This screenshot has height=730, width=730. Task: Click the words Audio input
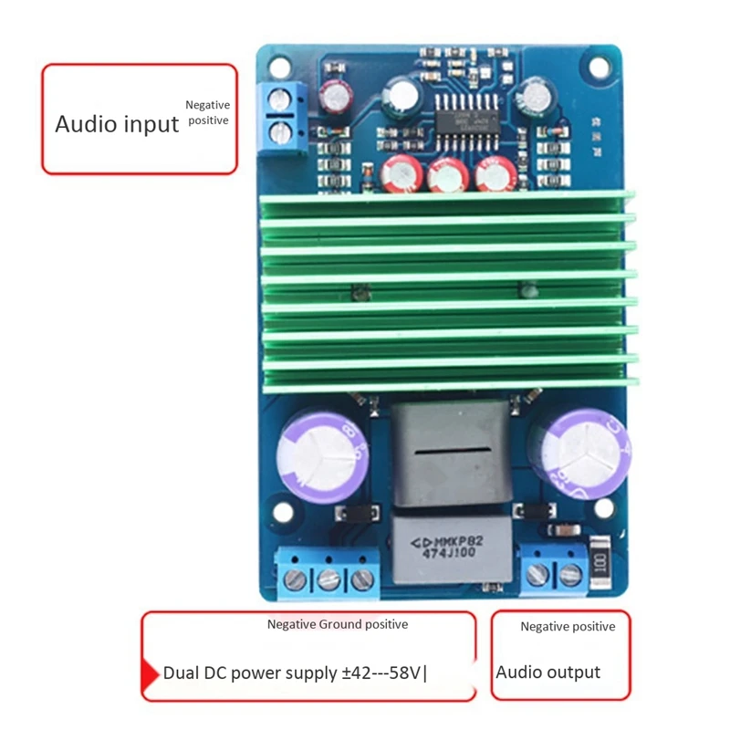[x=117, y=124]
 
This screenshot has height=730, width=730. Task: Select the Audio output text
[x=547, y=673]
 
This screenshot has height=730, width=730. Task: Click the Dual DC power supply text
[x=294, y=673]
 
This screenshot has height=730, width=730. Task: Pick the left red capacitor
[x=401, y=172]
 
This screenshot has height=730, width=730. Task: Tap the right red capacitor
[x=496, y=172]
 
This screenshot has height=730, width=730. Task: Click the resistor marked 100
[x=600, y=558]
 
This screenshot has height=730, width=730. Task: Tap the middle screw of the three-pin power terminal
[x=329, y=579]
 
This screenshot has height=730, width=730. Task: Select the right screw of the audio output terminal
[x=571, y=575]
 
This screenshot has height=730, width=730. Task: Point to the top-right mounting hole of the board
[x=599, y=68]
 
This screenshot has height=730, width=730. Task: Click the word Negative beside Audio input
[x=208, y=105]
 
